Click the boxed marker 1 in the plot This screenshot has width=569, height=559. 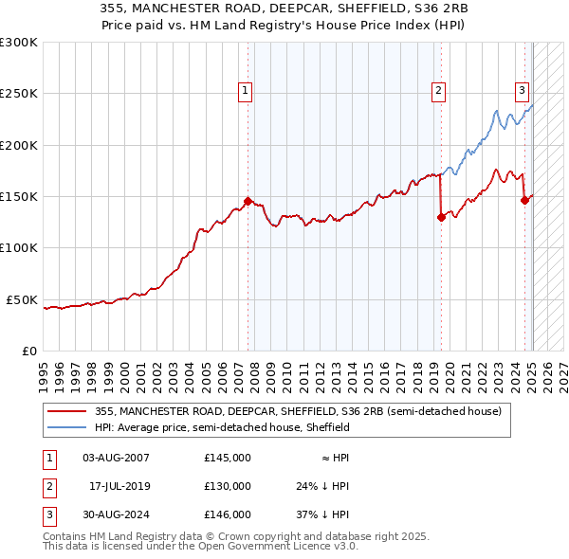point(246,91)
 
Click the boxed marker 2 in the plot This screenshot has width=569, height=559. point(439,91)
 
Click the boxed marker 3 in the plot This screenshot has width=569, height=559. point(522,91)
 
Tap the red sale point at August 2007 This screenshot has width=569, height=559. point(248,201)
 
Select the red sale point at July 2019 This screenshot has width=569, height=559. point(441,217)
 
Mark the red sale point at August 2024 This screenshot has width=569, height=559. point(524,200)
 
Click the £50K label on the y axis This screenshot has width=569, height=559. point(22,299)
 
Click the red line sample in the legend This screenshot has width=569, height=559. point(68,411)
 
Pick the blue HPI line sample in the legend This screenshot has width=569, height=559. point(68,427)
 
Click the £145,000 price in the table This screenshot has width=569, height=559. point(227,458)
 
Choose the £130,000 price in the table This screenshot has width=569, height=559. point(227,486)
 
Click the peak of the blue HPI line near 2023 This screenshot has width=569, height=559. point(496,111)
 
